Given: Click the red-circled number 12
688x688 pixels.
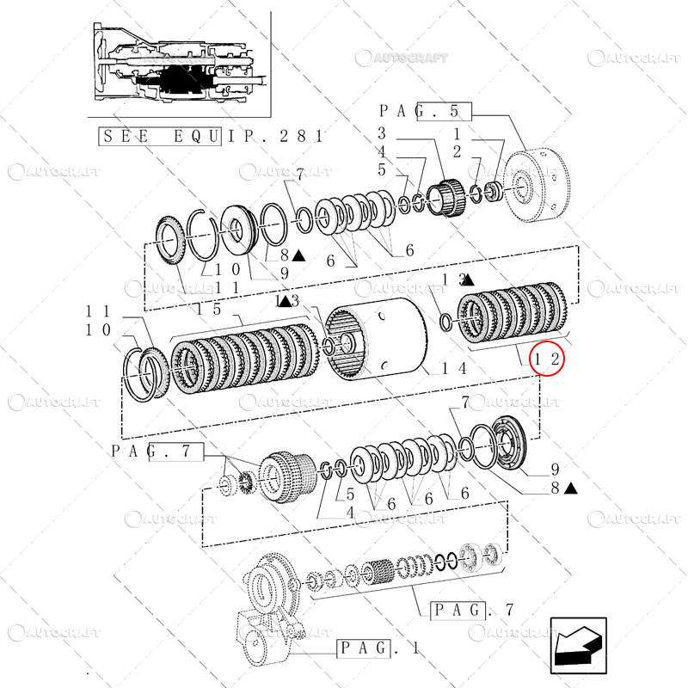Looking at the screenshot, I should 549,359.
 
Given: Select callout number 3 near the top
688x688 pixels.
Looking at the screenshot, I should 381,133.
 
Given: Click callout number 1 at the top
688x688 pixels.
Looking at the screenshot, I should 457,133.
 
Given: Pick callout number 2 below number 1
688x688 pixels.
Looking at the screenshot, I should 457,151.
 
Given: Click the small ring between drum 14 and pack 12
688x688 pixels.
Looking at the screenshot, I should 445,322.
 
